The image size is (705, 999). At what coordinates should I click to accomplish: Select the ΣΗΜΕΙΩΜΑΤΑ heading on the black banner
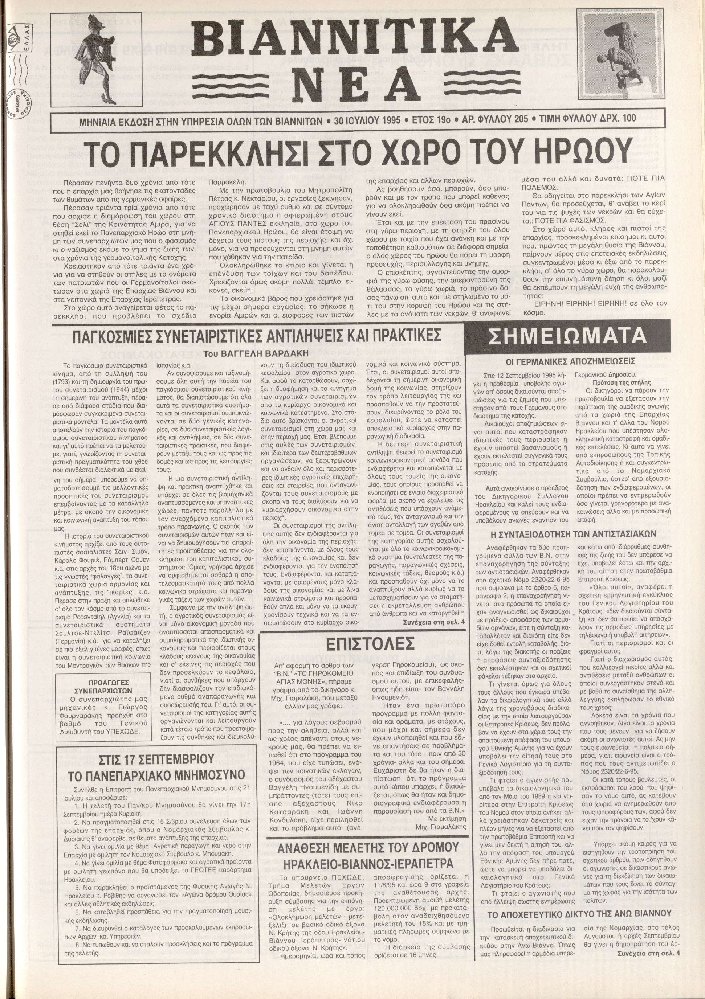coord(567,336)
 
